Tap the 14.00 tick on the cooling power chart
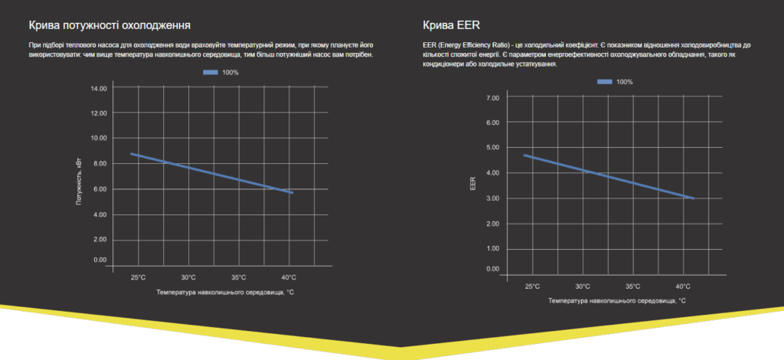[99, 88]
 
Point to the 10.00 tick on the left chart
[99, 139]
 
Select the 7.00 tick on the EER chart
[492, 98]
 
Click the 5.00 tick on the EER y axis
[492, 148]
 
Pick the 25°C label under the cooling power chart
[138, 277]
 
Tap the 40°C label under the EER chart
[683, 286]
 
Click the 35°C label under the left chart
[238, 277]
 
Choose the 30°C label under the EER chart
[583, 286]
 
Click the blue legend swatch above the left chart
[211, 73]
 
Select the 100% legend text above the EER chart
[625, 82]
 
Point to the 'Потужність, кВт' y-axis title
[79, 179]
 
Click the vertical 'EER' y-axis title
[472, 184]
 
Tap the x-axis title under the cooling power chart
[225, 292]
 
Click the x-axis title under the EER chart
[617, 301]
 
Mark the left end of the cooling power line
[131, 154]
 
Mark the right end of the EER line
[694, 198]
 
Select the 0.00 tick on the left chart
[100, 260]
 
